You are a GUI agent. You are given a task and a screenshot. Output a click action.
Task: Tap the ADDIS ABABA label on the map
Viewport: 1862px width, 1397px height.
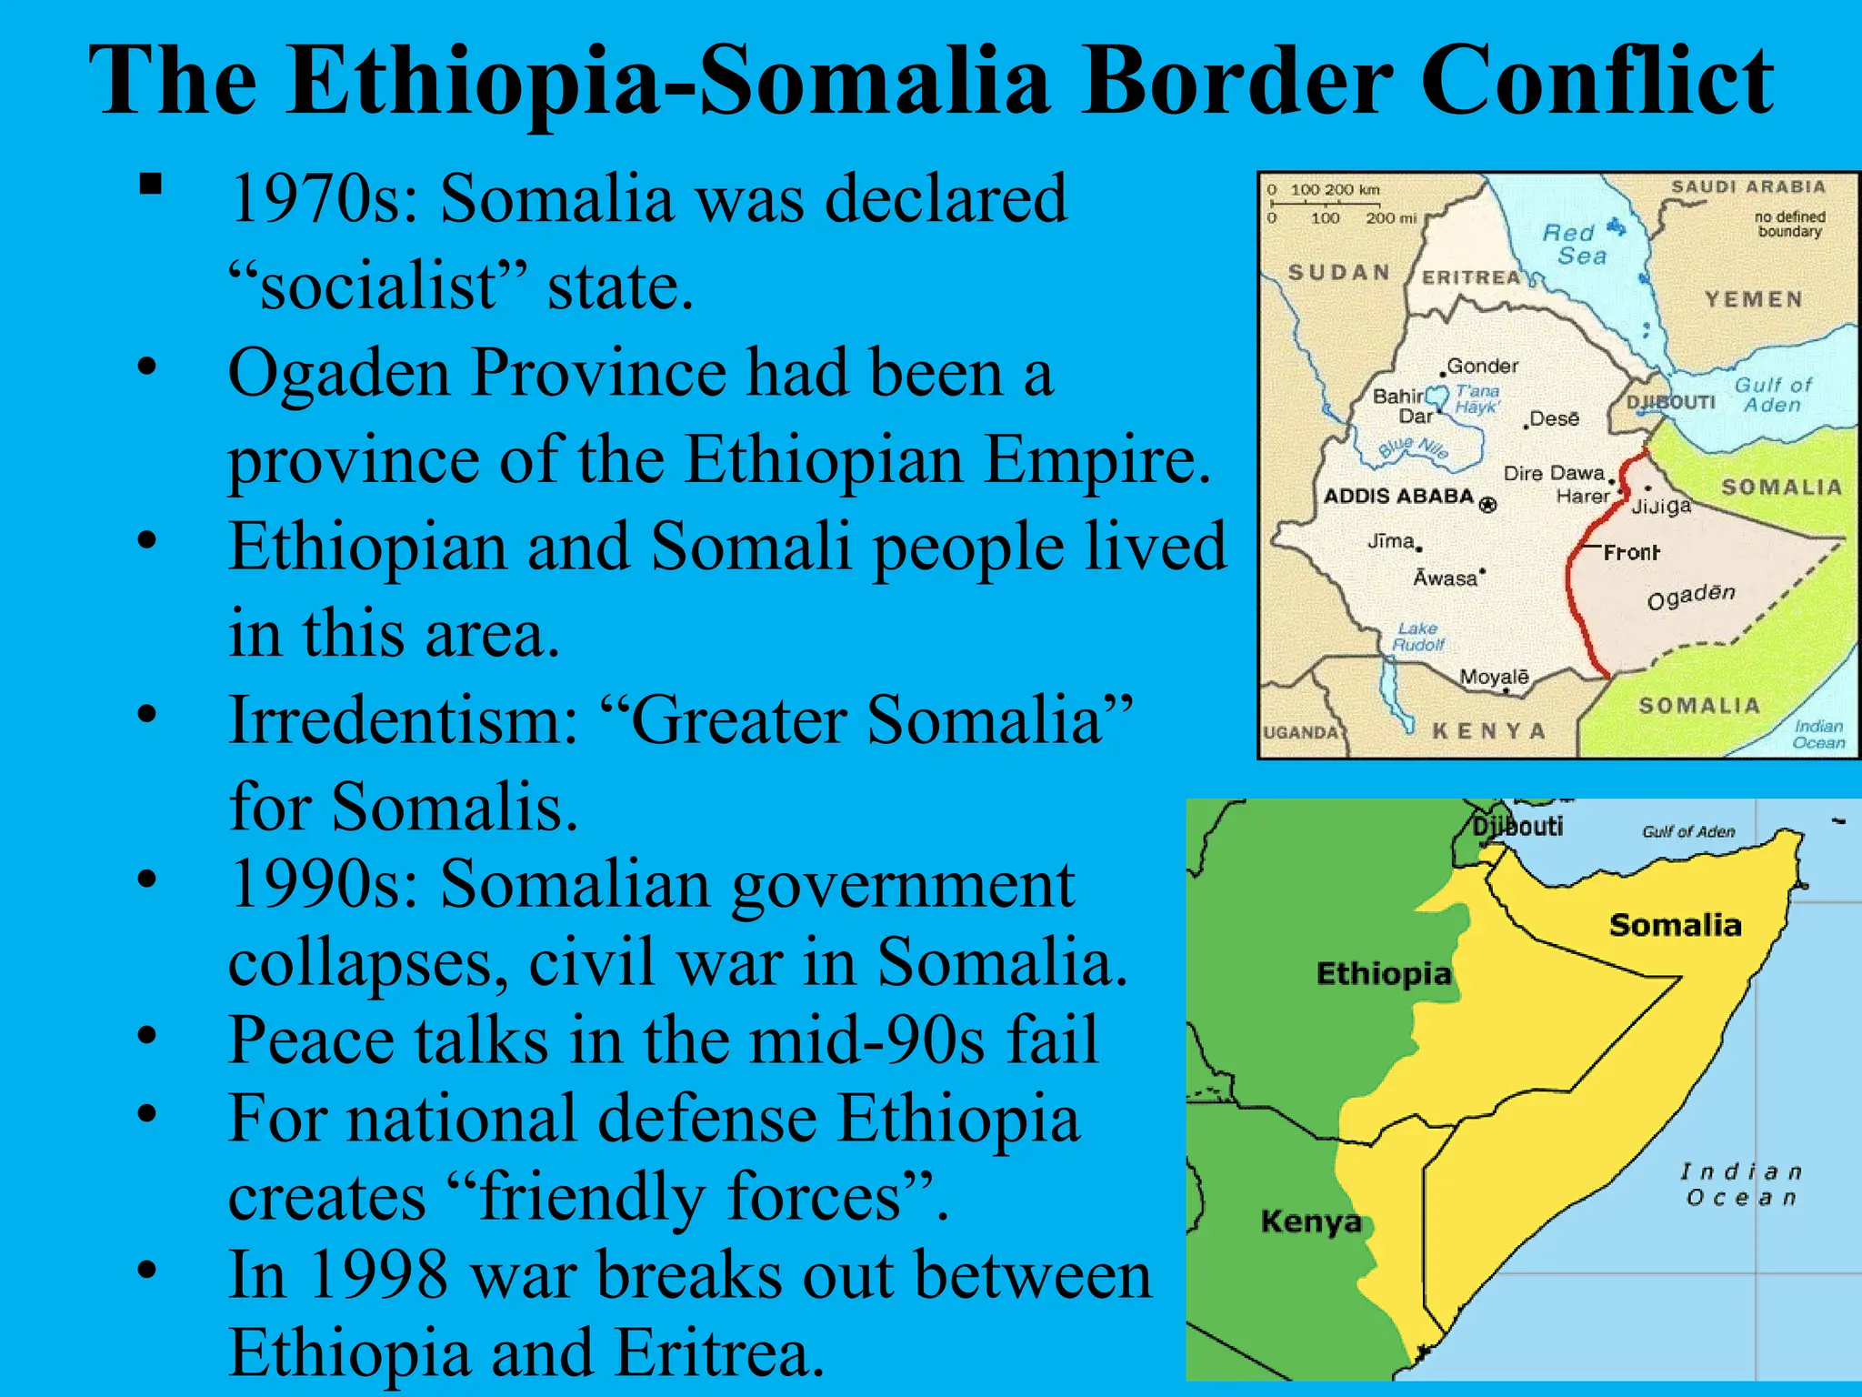tap(1398, 497)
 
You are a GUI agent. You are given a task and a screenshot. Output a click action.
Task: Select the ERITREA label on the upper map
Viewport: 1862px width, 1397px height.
tap(1471, 277)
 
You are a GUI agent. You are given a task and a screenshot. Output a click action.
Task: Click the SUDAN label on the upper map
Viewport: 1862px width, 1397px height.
tap(1339, 272)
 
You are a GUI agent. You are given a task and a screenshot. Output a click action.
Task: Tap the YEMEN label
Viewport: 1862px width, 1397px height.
tap(1753, 299)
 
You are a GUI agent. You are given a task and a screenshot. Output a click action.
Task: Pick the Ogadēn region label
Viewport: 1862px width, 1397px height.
tap(1691, 597)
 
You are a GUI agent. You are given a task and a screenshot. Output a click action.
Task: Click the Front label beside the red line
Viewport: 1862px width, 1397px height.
tap(1631, 552)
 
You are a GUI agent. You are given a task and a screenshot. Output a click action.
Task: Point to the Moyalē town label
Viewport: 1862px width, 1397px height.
tap(1494, 677)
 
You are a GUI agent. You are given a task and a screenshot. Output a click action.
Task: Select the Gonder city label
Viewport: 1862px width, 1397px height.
tap(1482, 366)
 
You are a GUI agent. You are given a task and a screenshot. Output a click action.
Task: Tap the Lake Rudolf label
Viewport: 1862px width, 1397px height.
tap(1417, 637)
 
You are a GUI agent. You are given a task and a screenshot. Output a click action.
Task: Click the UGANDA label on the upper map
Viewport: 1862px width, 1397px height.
tap(1301, 733)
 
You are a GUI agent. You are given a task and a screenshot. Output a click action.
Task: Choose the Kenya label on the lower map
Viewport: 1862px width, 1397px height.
tap(1310, 1221)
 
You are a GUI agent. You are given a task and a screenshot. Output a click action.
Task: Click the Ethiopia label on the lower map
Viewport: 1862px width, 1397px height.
tap(1383, 974)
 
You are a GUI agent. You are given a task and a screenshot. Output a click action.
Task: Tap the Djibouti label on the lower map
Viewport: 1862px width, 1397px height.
tap(1517, 826)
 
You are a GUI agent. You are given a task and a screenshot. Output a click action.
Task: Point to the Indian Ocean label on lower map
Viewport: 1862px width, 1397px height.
tap(1740, 1184)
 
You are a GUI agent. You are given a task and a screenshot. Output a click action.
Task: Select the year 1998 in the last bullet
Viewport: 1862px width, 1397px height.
tap(378, 1275)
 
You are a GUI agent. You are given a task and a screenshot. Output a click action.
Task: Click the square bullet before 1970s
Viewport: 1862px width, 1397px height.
tap(151, 185)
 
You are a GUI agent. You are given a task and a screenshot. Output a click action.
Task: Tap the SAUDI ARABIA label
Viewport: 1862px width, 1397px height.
tap(1747, 186)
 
